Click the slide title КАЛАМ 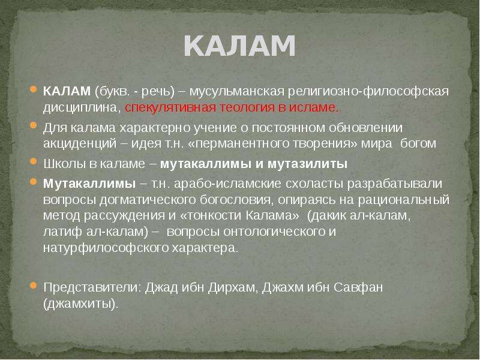point(239,46)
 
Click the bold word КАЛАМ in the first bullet point(67,91)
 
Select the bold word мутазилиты point(307,164)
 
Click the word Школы point(64,164)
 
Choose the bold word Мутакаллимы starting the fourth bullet point(89,184)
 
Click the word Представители point(92,288)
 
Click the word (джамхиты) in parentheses point(80,304)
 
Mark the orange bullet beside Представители point(34,286)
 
